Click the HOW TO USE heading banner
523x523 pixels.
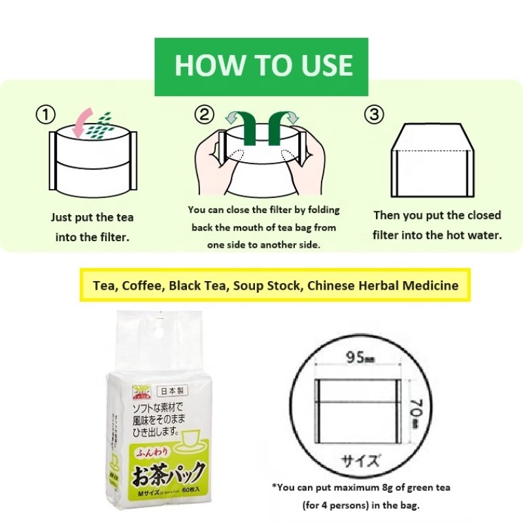(261, 66)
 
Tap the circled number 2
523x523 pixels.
(205, 115)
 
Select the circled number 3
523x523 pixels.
(373, 115)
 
